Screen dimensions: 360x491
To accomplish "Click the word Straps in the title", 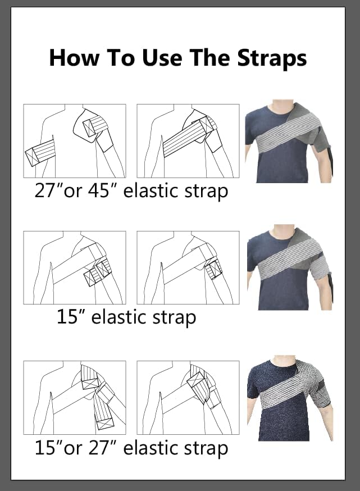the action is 272,58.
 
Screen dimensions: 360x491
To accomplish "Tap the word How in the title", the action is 74,58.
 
